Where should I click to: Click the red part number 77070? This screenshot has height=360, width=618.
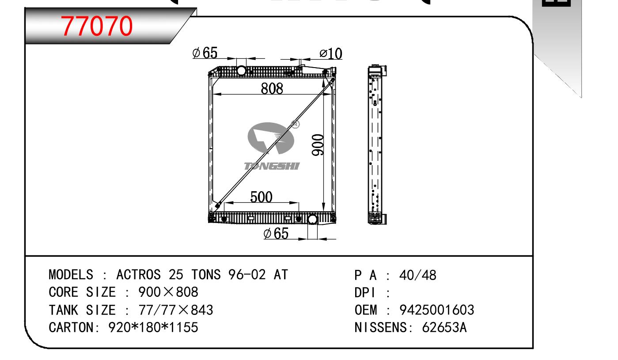[x=97, y=26]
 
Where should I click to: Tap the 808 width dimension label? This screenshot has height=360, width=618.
[x=272, y=89]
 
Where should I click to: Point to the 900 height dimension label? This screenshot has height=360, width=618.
[x=318, y=145]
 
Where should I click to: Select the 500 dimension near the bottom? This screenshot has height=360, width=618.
[x=261, y=197]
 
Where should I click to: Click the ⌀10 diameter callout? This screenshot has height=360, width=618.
[x=331, y=53]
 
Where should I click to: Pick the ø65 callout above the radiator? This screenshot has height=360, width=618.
[x=205, y=53]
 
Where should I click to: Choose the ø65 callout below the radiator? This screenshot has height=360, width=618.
[x=276, y=233]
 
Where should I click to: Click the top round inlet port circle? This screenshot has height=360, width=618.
[x=241, y=71]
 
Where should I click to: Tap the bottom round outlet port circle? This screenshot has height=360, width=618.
[x=312, y=220]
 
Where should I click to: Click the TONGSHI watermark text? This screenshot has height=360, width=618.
[x=272, y=166]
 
